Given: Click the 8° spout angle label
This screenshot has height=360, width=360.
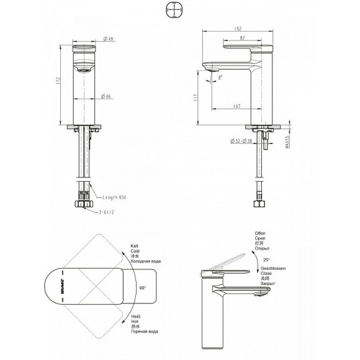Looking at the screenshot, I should tap(221, 76).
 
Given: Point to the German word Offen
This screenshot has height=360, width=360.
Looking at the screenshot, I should tap(260, 233).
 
